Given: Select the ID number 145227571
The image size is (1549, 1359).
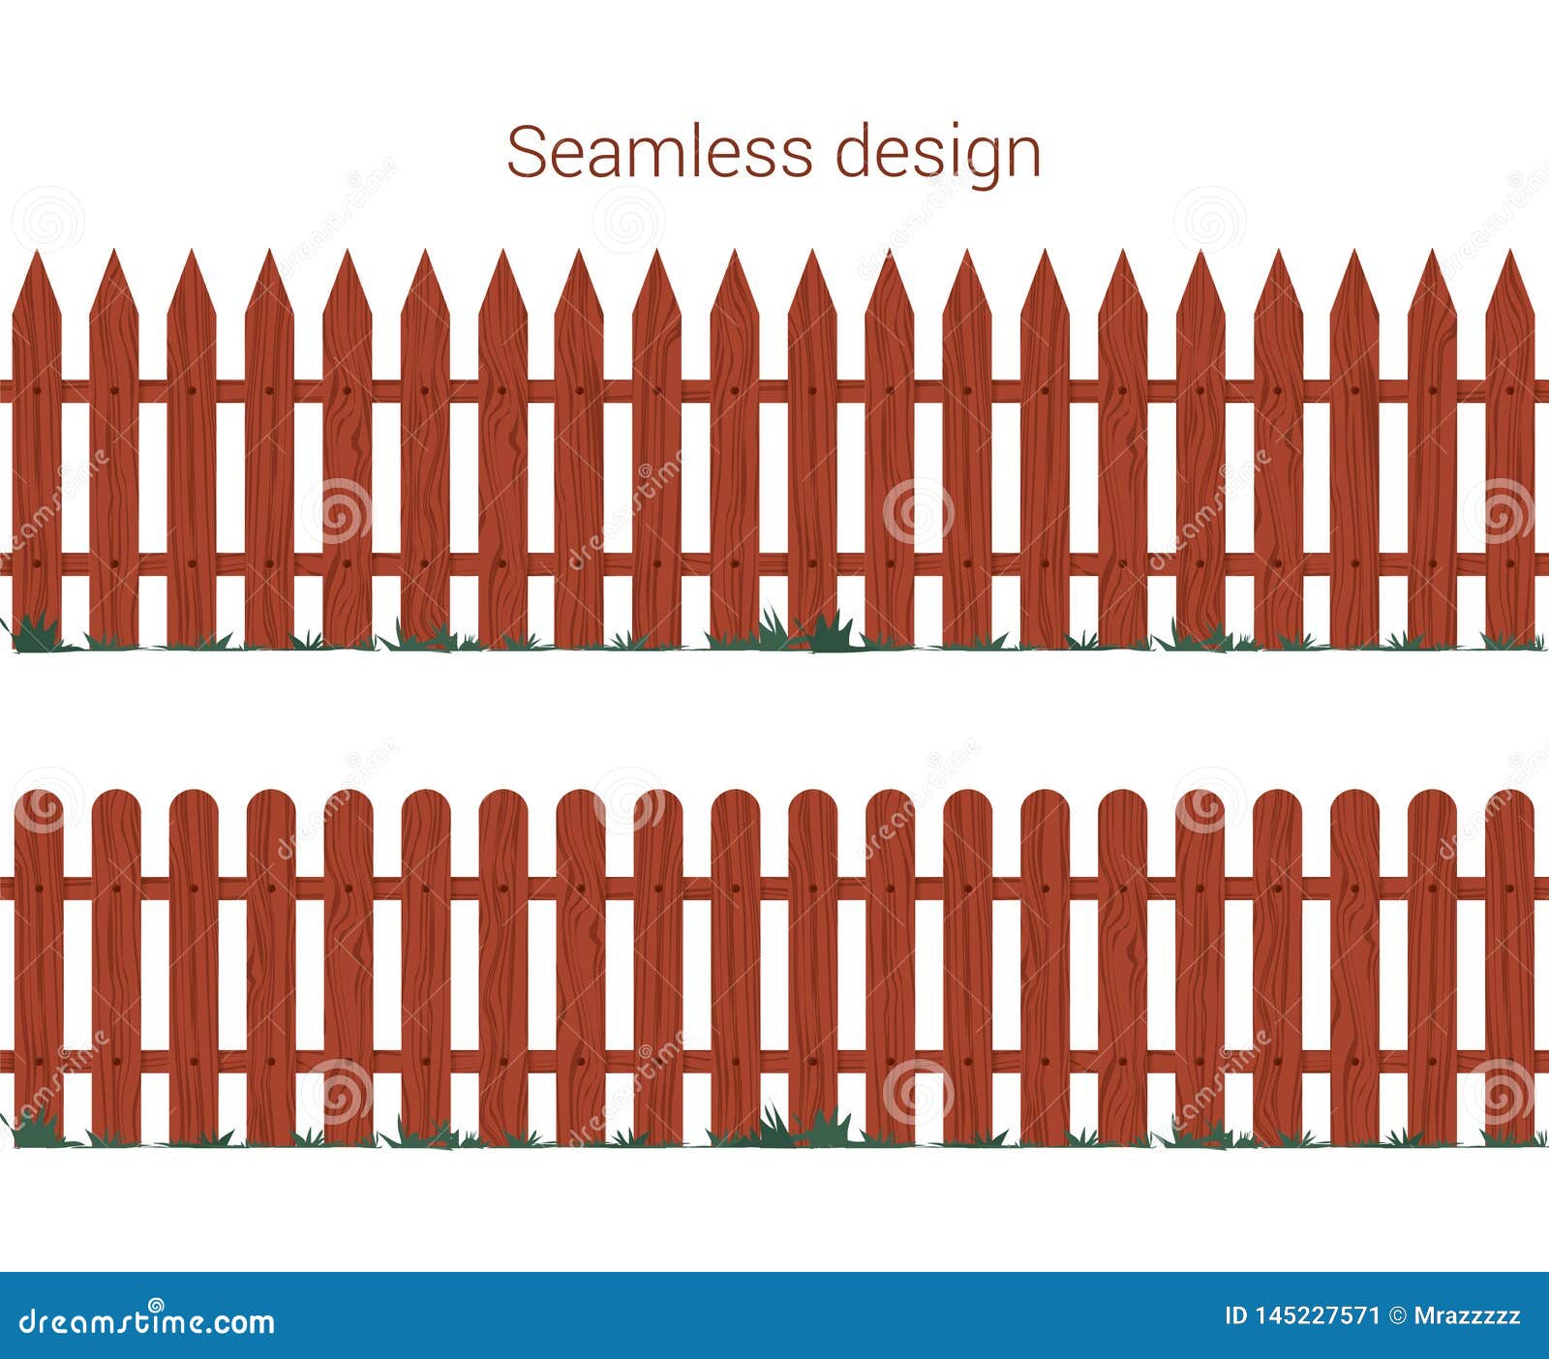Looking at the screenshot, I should [x=1317, y=1316].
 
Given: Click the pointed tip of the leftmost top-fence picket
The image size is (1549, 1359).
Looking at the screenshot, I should [x=37, y=254].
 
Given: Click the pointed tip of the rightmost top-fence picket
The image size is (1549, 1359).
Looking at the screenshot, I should [x=1509, y=254].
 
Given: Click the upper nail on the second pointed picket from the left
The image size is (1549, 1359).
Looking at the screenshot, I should [x=114, y=391].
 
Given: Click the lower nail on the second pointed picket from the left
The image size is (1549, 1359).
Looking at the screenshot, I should [x=114, y=563].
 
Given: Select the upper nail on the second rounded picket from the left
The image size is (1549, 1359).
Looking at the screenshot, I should [x=116, y=888].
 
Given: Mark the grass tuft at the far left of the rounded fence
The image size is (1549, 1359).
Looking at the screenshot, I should [x=34, y=1130].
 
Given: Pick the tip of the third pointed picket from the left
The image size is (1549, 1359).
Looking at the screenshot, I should [x=192, y=254].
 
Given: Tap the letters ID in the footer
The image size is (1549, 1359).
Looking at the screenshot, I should [x=1236, y=1316].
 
